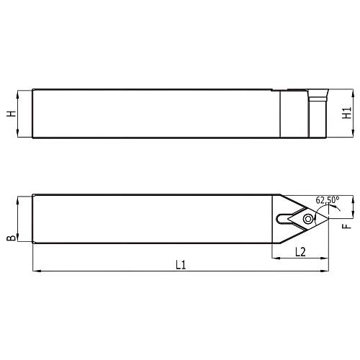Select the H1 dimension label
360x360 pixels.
(347, 114)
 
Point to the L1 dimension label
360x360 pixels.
(181, 264)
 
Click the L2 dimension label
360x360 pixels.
(301, 251)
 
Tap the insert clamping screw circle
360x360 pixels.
(308, 218)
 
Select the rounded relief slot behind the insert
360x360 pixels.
(281, 218)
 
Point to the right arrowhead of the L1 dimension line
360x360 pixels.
(326, 271)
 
